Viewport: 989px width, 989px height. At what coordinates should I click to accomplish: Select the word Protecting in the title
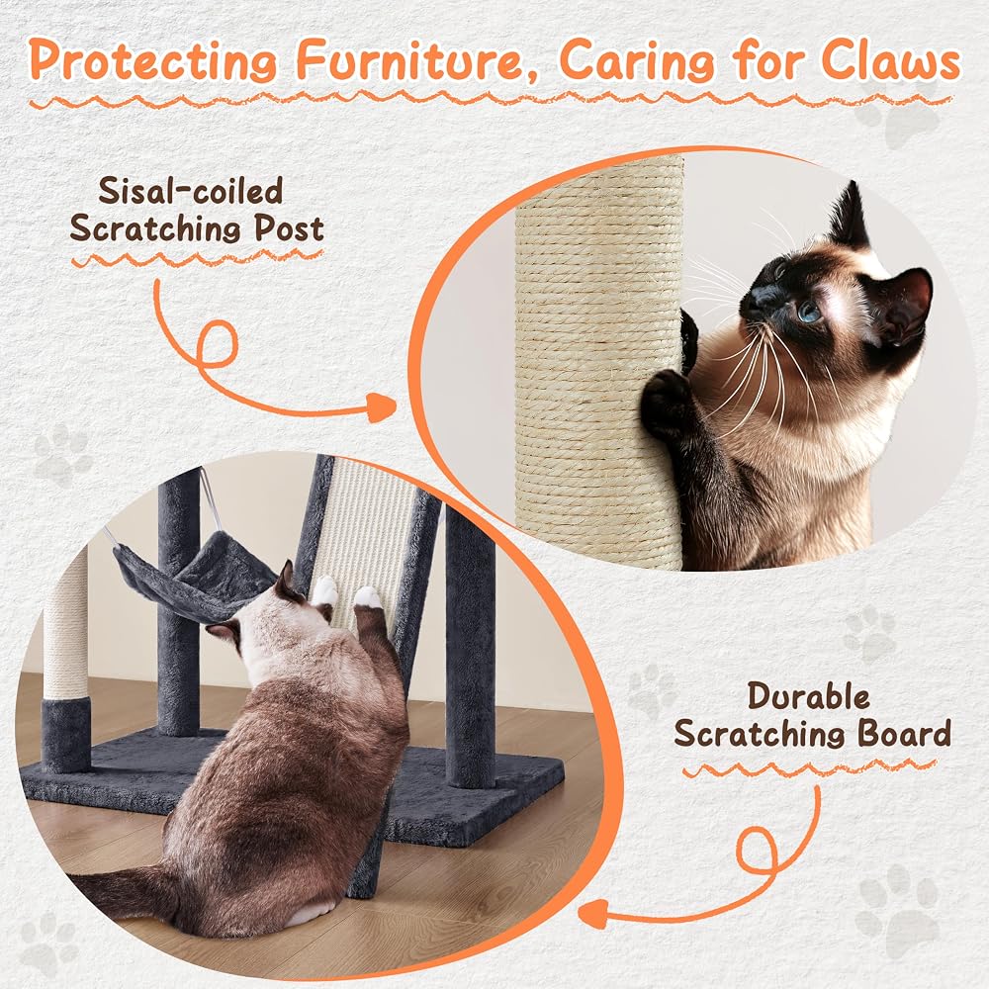click(x=153, y=61)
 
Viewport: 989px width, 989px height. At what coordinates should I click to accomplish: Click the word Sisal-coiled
click(x=190, y=191)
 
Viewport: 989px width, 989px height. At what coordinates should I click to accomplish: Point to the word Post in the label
click(x=289, y=228)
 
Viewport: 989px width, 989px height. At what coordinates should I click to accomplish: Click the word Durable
click(x=809, y=697)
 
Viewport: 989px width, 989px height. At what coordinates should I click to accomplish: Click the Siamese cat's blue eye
click(x=808, y=312)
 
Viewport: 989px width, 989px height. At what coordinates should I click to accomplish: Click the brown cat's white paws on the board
click(x=346, y=592)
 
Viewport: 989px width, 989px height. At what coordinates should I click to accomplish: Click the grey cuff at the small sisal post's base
click(x=65, y=736)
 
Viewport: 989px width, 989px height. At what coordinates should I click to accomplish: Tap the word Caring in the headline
click(x=637, y=61)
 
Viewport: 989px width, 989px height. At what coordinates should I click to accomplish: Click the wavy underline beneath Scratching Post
click(x=197, y=257)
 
